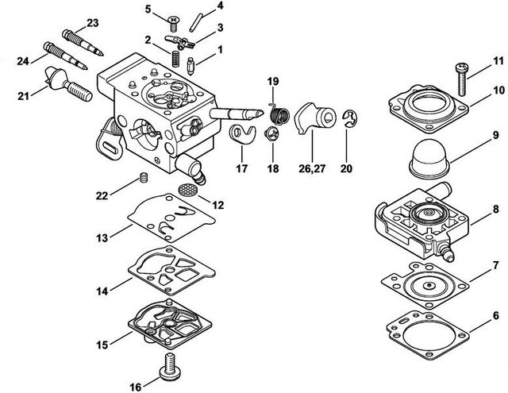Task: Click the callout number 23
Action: coord(93,23)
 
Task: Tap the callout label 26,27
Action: coord(312,168)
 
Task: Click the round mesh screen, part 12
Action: coord(187,189)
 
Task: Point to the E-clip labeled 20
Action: coord(349,119)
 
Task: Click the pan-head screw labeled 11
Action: coord(461,79)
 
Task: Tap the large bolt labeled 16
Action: coord(169,369)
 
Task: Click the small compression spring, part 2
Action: coord(175,59)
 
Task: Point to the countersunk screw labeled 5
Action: coord(174,24)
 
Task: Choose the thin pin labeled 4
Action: coord(196,22)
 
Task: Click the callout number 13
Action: coord(102,238)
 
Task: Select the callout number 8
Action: coord(496,210)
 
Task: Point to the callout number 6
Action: coord(496,316)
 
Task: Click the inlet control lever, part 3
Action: coord(179,42)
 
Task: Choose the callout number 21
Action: coord(23,96)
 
